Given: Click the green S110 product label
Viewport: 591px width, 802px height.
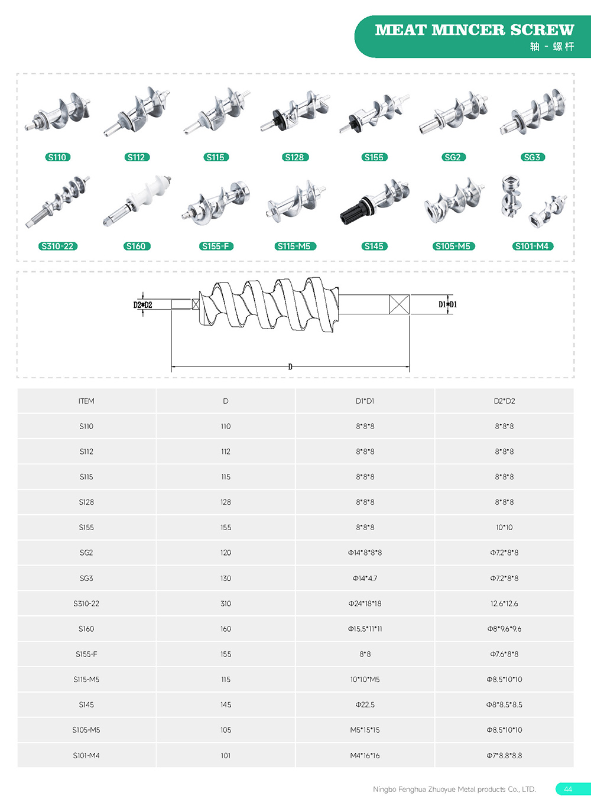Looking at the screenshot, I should click(57, 157).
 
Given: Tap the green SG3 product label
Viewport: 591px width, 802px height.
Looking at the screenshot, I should click(532, 157).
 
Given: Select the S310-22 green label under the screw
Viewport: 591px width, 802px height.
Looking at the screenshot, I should click(57, 246).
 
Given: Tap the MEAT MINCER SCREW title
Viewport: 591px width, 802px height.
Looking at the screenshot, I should click(474, 30).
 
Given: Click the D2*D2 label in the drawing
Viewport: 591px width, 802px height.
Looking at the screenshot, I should click(142, 305).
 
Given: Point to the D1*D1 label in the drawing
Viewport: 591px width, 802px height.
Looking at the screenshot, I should click(447, 304).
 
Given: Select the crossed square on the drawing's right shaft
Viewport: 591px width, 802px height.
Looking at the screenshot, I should click(400, 304).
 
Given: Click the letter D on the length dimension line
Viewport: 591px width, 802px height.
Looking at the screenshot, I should click(290, 367).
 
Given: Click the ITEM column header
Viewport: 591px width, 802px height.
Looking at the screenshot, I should click(86, 401).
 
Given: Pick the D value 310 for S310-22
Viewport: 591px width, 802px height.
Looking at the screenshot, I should click(226, 603).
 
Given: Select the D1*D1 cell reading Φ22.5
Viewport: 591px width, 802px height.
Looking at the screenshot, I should click(365, 704).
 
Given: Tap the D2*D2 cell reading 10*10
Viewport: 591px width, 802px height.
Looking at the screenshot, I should click(504, 527).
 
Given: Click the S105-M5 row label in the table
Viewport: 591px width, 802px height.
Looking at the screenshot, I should click(86, 730).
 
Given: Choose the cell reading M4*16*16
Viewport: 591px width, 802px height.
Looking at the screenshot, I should click(365, 755).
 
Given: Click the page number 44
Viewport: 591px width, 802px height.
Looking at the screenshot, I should click(568, 789).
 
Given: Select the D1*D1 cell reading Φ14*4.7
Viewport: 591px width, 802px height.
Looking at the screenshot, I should click(365, 578).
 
